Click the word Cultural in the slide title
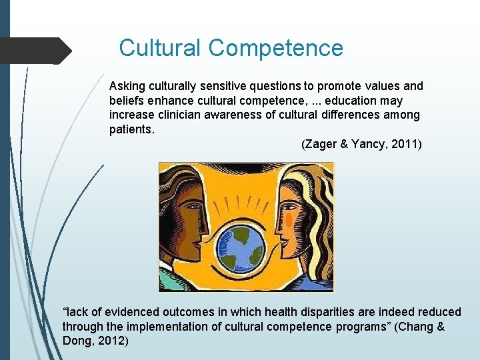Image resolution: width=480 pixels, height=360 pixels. click(160, 48)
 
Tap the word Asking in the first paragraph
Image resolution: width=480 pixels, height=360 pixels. click(127, 86)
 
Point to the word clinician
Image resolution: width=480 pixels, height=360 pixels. click(181, 115)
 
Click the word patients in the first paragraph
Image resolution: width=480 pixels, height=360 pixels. click(131, 129)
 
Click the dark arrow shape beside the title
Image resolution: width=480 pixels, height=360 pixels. click(37, 51)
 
